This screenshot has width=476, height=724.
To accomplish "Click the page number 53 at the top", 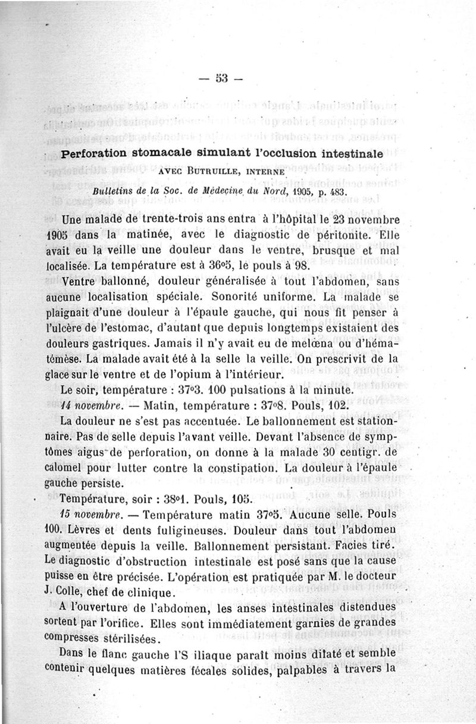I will [x=223, y=77].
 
